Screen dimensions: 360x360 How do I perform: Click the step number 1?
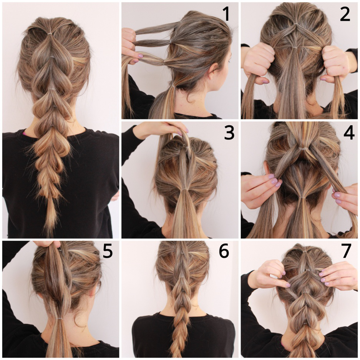[226, 14]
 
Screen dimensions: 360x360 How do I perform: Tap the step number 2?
[345, 14]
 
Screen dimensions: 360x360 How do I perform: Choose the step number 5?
[108, 251]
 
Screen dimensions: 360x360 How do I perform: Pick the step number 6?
[224, 251]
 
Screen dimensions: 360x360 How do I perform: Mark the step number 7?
[346, 251]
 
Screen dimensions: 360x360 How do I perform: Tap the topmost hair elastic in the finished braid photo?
[50, 34]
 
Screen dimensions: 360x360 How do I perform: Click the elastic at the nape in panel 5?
[59, 319]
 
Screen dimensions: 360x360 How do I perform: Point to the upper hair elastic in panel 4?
[302, 149]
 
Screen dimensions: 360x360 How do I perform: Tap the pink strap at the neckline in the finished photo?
[24, 133]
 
